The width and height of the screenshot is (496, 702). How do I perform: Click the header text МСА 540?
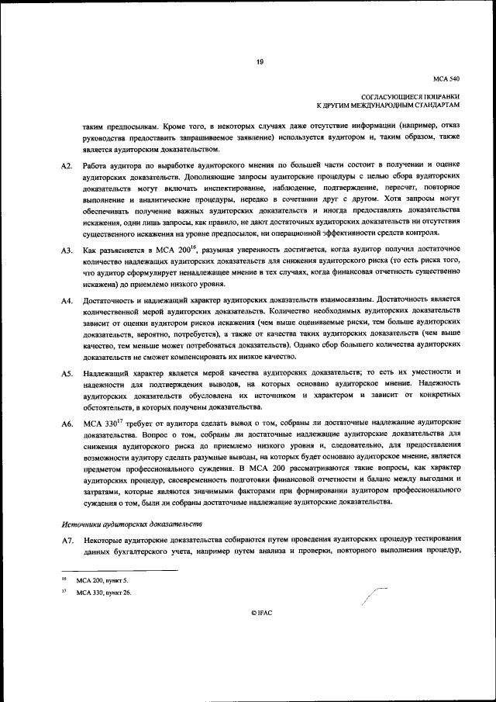coord(448,79)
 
